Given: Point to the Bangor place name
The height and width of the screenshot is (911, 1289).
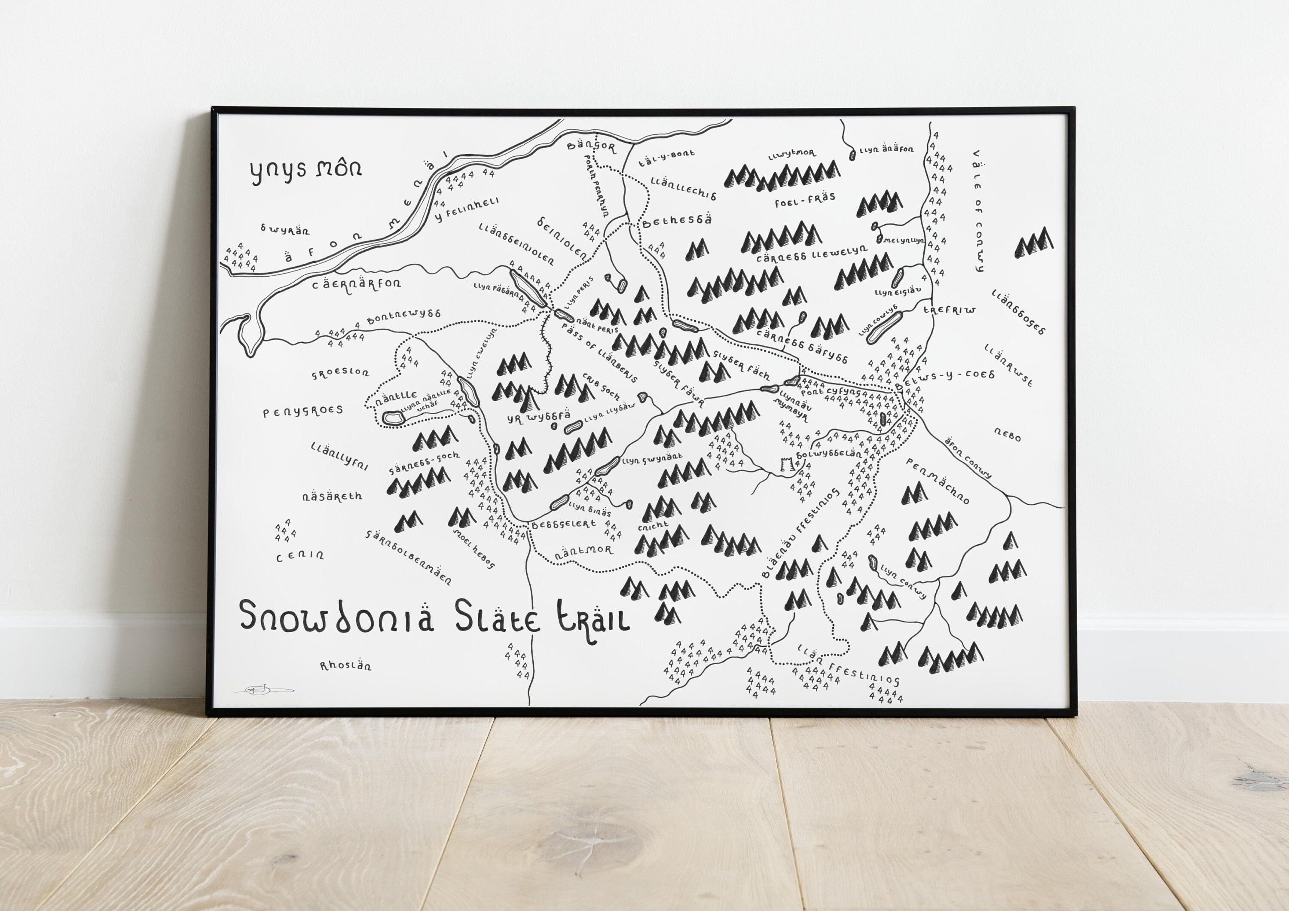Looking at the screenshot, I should point(591,148).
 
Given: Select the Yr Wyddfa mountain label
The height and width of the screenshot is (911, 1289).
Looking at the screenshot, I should point(538,417).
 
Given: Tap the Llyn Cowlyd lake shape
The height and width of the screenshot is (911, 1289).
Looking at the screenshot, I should point(884,327).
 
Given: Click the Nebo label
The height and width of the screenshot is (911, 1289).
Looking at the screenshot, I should point(1007,433).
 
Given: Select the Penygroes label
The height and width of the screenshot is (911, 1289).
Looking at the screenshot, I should point(303,411).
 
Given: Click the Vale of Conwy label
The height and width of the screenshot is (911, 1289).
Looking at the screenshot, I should point(978,210).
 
